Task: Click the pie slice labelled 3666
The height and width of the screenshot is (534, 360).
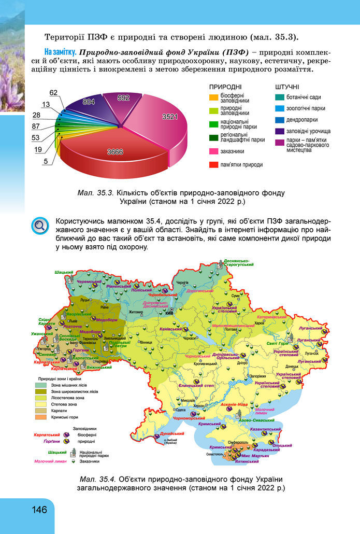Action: pyautogui.click(x=115, y=151)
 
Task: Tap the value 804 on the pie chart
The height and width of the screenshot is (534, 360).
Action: pyautogui.click(x=89, y=102)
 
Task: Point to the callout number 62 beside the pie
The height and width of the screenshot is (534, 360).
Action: pyautogui.click(x=53, y=92)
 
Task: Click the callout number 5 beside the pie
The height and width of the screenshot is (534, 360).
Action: pyautogui.click(x=46, y=161)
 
